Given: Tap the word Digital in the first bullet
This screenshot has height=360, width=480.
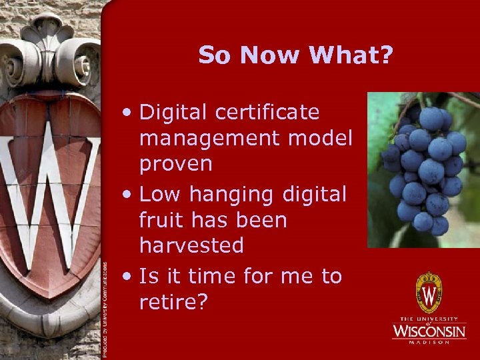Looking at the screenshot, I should coord(174,113).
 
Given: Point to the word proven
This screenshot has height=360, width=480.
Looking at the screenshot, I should coord(176,164).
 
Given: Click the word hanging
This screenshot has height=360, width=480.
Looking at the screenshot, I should coord(233,194).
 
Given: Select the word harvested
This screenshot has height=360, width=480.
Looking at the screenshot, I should coord(191,245).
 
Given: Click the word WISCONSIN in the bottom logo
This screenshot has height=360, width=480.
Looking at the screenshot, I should coord(429,330).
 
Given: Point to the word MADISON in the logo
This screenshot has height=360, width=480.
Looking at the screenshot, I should coord(429,342).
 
